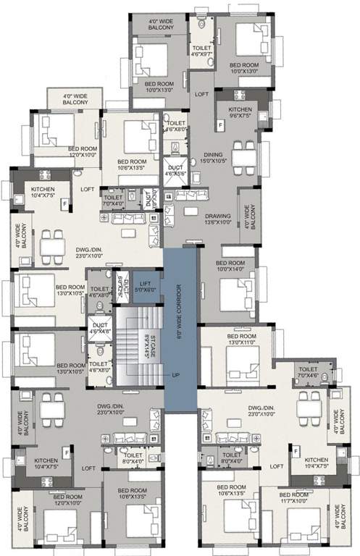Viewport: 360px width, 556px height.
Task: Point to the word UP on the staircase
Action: click(x=175, y=375)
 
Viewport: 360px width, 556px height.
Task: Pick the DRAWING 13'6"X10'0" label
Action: click(x=217, y=219)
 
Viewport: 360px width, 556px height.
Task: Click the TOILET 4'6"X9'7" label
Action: click(x=200, y=50)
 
